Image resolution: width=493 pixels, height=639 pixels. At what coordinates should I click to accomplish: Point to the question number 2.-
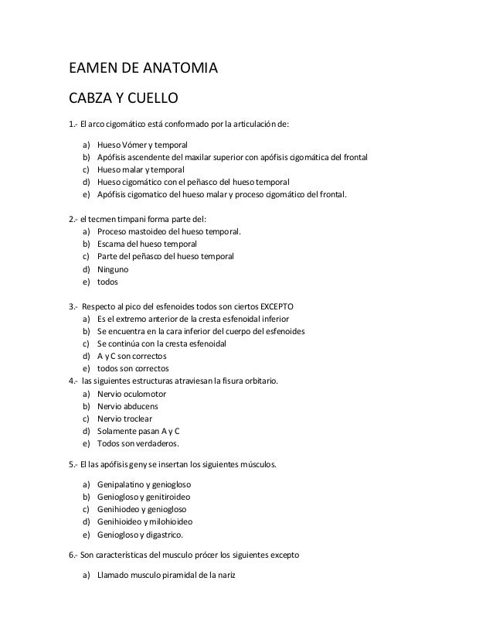[x=73, y=217]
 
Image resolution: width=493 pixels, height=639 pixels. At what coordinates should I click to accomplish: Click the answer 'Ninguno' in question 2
[x=113, y=269]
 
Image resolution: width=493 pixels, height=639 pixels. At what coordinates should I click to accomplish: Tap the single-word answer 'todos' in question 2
[x=107, y=282]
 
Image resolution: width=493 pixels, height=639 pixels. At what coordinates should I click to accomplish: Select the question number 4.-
[x=73, y=381]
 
